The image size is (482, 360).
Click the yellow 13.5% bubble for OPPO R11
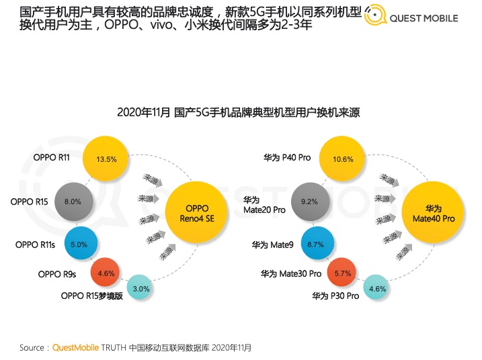(106, 160)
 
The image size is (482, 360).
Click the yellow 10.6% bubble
(343, 159)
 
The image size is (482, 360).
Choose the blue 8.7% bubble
(315, 245)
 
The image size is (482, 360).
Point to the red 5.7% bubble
(344, 273)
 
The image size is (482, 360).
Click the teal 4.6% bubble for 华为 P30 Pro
(378, 289)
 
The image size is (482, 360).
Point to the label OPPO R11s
(38, 244)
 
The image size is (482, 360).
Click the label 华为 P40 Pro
(286, 159)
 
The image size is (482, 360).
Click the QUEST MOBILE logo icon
(374, 18)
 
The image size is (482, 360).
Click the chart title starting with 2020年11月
(239, 112)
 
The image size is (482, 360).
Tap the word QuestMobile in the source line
(75, 347)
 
